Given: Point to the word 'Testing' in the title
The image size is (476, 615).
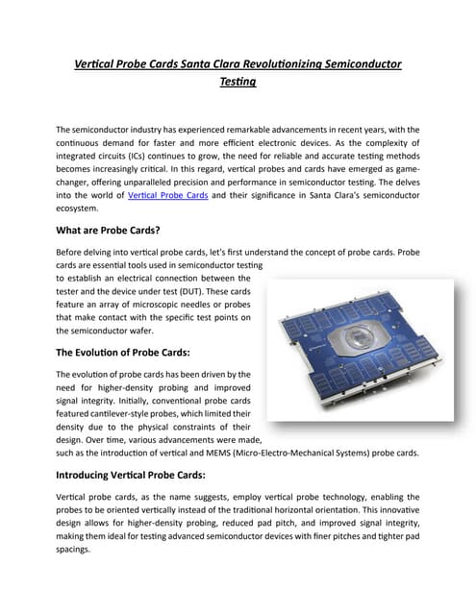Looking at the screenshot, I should [x=238, y=84].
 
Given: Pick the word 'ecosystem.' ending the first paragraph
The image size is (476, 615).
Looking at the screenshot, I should [x=78, y=208].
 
